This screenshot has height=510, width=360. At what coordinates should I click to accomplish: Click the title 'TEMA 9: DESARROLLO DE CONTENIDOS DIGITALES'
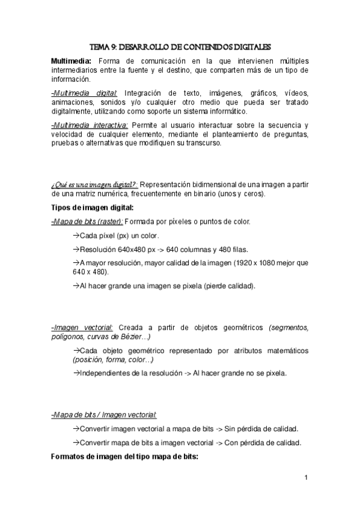pyautogui.click(x=180, y=45)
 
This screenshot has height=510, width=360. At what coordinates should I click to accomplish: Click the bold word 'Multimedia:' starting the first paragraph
pyautogui.click(x=72, y=61)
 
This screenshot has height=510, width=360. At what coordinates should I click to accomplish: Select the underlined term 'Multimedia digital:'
pyautogui.click(x=85, y=93)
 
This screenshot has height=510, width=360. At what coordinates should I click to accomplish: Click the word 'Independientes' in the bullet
pyautogui.click(x=106, y=373)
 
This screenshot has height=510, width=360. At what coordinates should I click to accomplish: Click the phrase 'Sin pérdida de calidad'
pyautogui.click(x=264, y=429)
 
